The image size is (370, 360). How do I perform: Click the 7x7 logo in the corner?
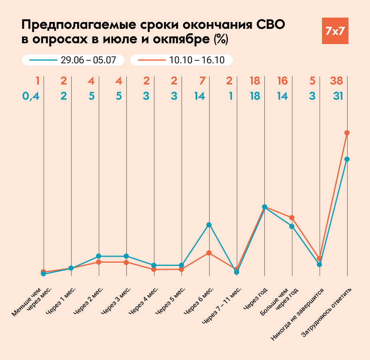coord(335,31)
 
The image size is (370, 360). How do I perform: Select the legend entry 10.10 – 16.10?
coord(182,60)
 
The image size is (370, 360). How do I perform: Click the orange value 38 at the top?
coord(336,81)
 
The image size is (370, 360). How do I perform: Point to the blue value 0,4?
coord(31,96)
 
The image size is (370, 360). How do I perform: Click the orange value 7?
coord(202,81)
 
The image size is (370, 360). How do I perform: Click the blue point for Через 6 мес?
coord(209,225)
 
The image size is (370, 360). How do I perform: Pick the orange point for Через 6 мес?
coord(209,253)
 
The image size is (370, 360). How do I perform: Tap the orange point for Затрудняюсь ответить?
coord(347,133)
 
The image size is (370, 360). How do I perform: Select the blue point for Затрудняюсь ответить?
coord(347,159)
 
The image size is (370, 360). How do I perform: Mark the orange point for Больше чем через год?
coord(292,217)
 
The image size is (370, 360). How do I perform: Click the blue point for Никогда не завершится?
coord(319,264)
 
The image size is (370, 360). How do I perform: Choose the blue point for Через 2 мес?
coord(98,256)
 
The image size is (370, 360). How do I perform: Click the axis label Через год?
coord(255,298)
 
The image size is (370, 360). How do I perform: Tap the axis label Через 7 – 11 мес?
coord(222,305)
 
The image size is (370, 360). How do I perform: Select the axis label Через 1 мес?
coord(60,300)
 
